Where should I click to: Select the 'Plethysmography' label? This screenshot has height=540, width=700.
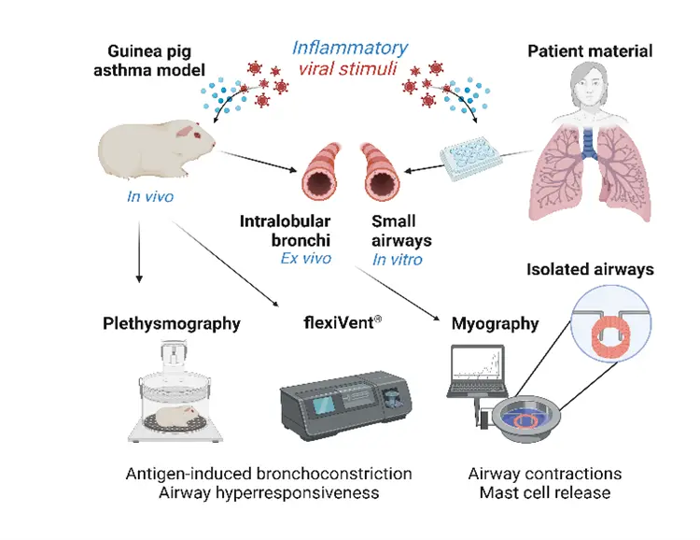coord(171,324)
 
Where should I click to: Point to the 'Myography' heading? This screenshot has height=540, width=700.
coord(495,324)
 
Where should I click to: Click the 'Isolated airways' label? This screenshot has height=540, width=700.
coord(590,270)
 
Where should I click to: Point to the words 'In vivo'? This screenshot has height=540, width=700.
coord(151,196)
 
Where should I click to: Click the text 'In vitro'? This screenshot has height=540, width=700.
coord(397,259)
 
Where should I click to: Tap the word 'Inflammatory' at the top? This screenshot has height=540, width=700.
coord(349,47)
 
